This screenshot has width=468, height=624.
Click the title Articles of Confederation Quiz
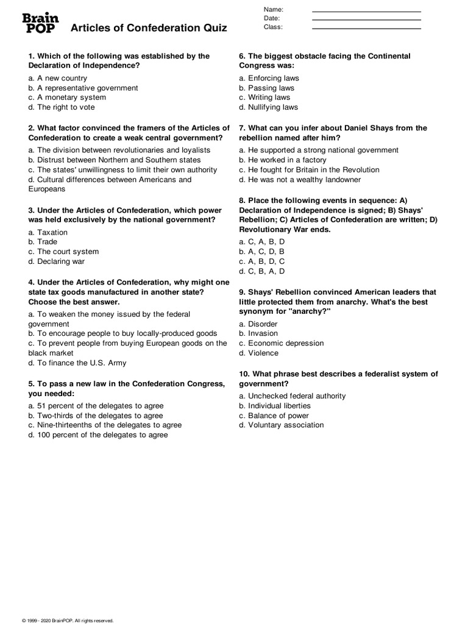tap(149, 28)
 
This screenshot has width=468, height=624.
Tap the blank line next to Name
tap(366, 11)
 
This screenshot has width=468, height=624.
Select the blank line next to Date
tap(366, 19)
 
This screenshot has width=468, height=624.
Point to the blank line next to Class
tap(366, 28)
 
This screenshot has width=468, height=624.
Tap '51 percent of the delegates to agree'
tap(96, 406)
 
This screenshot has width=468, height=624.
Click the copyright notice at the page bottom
tap(68, 620)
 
